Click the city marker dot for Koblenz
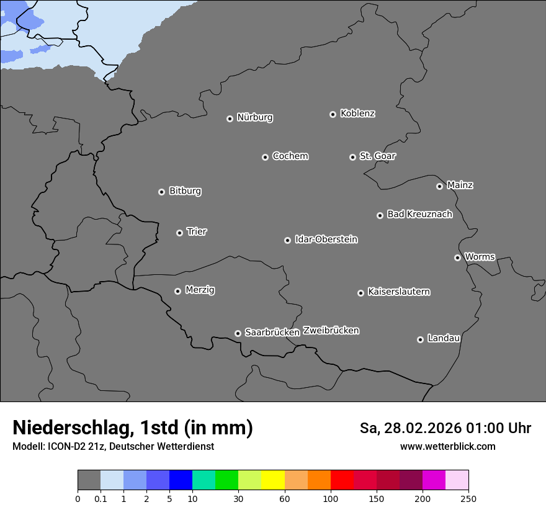[x=333, y=114]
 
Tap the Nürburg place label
[x=254, y=117]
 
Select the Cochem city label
[x=290, y=156]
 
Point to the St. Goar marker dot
[x=352, y=157]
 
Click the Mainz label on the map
[x=460, y=185]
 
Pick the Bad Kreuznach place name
[x=419, y=214]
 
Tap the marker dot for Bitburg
[x=161, y=192]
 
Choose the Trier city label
[x=197, y=231]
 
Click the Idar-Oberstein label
[x=326, y=240]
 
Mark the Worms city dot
[x=457, y=257]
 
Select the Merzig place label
[x=200, y=290]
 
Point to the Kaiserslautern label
[x=398, y=292]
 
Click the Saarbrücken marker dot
[x=238, y=333]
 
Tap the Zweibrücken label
[x=331, y=331]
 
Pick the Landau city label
[x=444, y=338]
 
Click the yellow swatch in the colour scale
[x=272, y=480]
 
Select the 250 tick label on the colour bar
[x=468, y=498]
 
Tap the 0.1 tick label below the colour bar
[x=101, y=498]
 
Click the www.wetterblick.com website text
[x=447, y=446]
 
